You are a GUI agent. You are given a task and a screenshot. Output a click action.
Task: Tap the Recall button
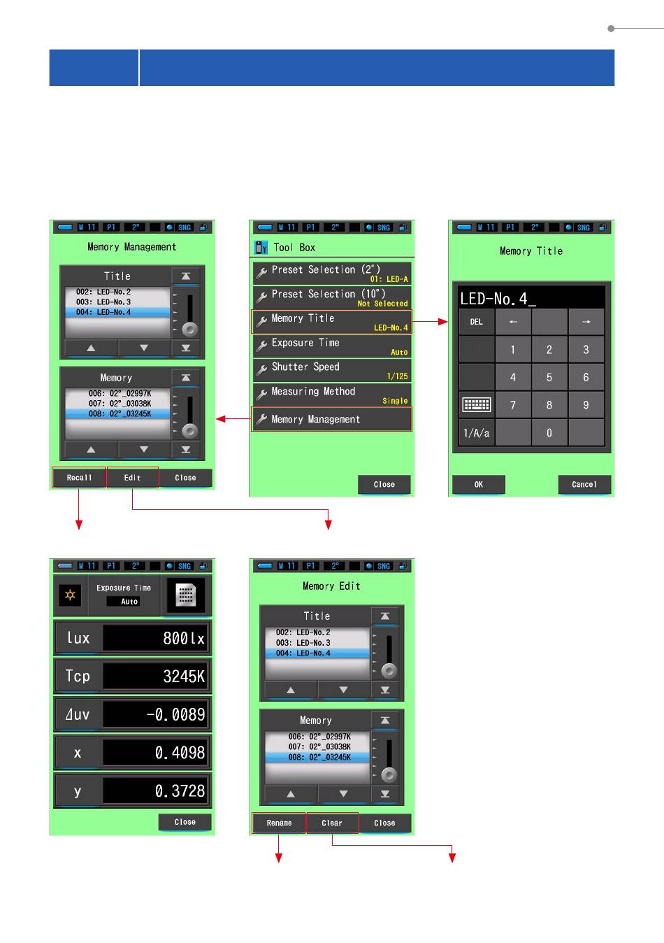[x=79, y=477]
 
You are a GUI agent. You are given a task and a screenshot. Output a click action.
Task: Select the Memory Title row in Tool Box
[x=331, y=322]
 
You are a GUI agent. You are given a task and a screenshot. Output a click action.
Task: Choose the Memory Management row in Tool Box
[x=331, y=419]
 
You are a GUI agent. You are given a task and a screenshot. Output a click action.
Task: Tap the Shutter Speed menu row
[x=331, y=370]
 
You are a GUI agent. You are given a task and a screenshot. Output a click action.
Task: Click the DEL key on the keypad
[x=477, y=322]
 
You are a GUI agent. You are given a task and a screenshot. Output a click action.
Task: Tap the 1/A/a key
[x=477, y=433]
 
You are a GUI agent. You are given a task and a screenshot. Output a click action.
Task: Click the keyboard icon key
[x=477, y=404]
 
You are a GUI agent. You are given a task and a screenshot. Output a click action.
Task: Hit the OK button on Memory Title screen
[x=479, y=485]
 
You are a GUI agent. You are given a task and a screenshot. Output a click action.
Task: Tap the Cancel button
[x=584, y=485]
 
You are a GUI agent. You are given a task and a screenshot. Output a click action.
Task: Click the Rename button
[x=279, y=823]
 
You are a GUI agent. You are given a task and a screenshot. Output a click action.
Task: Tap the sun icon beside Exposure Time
[x=70, y=595]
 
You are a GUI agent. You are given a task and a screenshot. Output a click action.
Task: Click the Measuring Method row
[x=331, y=395]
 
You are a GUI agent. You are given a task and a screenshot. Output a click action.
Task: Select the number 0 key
[x=549, y=433]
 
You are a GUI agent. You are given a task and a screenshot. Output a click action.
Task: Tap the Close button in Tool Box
[x=384, y=485]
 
